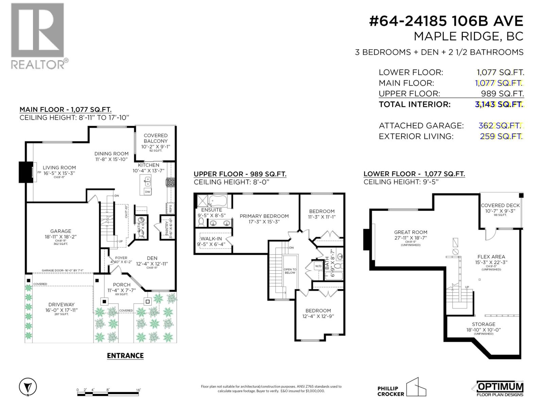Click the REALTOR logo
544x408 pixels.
37,36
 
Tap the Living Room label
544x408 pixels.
59,168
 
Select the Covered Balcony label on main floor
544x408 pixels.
156,138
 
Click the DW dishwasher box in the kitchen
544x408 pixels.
148,192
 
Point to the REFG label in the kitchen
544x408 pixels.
170,208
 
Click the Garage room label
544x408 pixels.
61,231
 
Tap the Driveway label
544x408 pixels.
61,305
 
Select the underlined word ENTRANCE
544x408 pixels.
125,356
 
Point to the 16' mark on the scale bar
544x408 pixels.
138,390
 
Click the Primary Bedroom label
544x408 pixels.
264,216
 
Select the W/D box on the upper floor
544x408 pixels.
318,266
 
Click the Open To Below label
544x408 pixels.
290,271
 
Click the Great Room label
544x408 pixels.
411,232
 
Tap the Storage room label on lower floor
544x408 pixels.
483,324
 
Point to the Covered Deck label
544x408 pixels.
500,205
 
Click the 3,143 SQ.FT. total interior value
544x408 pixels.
499,104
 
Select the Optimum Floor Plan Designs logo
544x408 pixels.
497,388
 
